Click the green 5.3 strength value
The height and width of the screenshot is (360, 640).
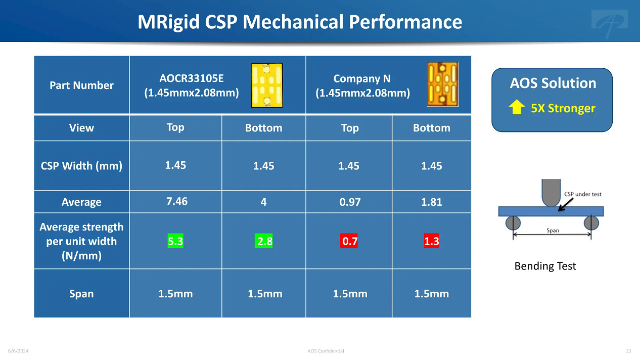pyautogui.click(x=175, y=241)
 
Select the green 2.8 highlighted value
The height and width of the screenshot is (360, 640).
pyautogui.click(x=263, y=241)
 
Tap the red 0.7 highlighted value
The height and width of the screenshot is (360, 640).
pyautogui.click(x=349, y=241)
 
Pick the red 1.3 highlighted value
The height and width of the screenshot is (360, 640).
pyautogui.click(x=431, y=241)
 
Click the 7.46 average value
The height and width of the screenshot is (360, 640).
pyautogui.click(x=177, y=201)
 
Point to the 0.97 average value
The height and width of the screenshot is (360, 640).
pyautogui.click(x=350, y=202)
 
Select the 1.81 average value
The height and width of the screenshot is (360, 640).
pyautogui.click(x=431, y=202)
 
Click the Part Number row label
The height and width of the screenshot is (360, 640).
pyautogui.click(x=81, y=85)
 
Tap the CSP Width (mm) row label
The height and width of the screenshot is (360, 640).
pyautogui.click(x=81, y=166)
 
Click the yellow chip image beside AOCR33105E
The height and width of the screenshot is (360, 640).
pyautogui.click(x=267, y=85)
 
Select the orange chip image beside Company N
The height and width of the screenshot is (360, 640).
pyautogui.click(x=442, y=84)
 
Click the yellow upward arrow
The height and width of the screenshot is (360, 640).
pyautogui.click(x=517, y=107)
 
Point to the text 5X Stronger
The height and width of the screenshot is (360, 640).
pyautogui.click(x=563, y=108)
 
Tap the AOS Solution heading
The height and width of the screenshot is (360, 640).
pyautogui.click(x=553, y=83)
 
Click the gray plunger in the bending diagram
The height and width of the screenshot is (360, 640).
pyautogui.click(x=551, y=193)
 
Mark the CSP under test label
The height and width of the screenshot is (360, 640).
pyautogui.click(x=582, y=194)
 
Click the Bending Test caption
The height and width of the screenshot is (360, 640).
pyautogui.click(x=545, y=266)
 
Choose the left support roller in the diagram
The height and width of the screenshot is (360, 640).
pyautogui.click(x=513, y=223)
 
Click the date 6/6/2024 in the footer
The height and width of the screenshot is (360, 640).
pyautogui.click(x=18, y=351)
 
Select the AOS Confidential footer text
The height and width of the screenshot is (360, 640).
pyautogui.click(x=326, y=351)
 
